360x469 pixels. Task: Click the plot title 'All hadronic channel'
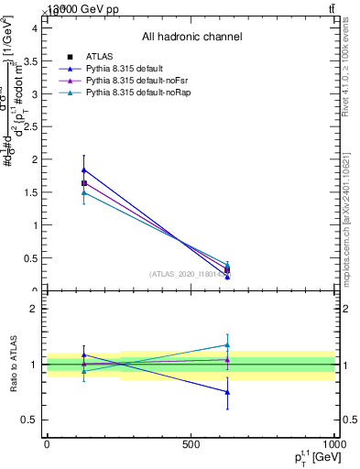tap(191, 37)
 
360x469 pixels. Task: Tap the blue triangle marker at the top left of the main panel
tap(84, 169)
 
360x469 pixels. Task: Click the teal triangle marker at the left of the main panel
tap(84, 192)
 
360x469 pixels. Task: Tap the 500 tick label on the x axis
tap(191, 443)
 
